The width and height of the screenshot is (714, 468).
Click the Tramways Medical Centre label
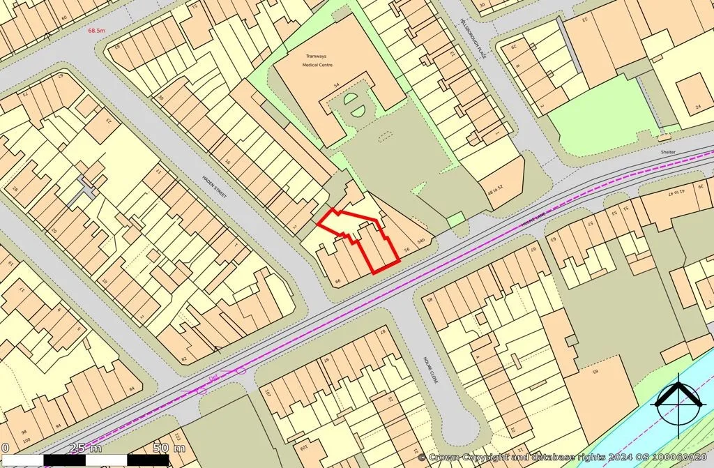click(317, 60)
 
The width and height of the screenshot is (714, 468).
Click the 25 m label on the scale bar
click(85, 447)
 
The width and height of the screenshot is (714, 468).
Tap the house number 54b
click(420, 241)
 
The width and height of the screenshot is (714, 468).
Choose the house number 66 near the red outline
click(338, 280)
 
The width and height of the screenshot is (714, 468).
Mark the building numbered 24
click(698, 107)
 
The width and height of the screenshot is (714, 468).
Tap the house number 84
click(130, 388)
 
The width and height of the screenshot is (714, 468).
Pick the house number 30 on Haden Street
click(160, 98)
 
